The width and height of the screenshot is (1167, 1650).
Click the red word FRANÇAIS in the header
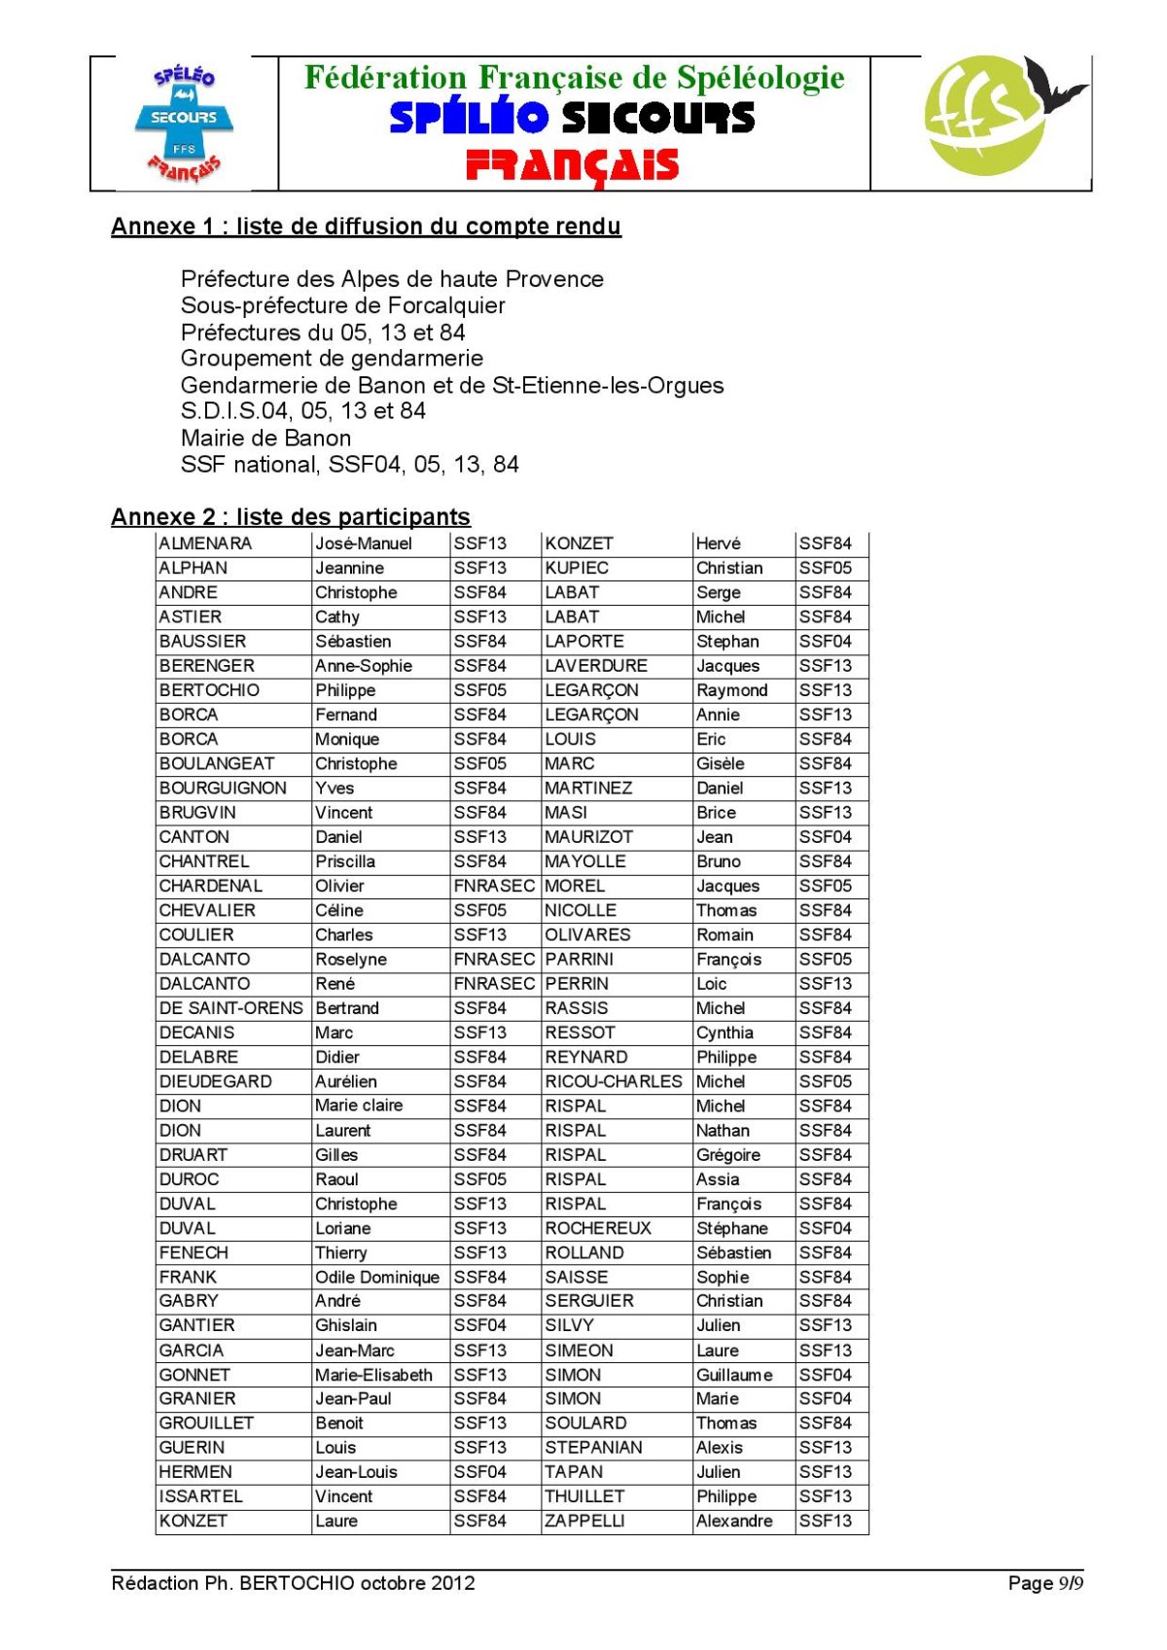pyautogui.click(x=572, y=166)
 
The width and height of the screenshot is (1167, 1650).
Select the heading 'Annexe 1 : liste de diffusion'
pyautogui.click(x=366, y=227)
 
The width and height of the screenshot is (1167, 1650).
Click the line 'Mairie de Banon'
pyautogui.click(x=265, y=438)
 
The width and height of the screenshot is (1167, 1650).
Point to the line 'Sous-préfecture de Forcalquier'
pyautogui.click(x=342, y=305)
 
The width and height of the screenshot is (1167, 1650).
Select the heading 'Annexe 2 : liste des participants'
pyautogui.click(x=291, y=516)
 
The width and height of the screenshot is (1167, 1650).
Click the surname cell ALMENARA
pyautogui.click(x=205, y=544)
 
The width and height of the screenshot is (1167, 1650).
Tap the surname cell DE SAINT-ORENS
pyautogui.click(x=231, y=1008)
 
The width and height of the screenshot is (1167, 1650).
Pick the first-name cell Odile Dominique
pyautogui.click(x=377, y=1277)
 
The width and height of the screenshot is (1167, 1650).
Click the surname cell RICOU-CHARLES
pyautogui.click(x=614, y=1081)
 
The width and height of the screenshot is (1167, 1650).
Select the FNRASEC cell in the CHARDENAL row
pyautogui.click(x=494, y=886)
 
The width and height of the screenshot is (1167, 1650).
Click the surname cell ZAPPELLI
pyautogui.click(x=584, y=1521)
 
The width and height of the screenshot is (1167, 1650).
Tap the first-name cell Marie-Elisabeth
pyautogui.click(x=373, y=1375)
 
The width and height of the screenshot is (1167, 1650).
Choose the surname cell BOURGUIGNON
pyautogui.click(x=223, y=788)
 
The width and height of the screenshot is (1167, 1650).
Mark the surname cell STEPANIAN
pyautogui.click(x=593, y=1448)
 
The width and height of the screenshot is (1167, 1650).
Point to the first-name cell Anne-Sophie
pyautogui.click(x=364, y=666)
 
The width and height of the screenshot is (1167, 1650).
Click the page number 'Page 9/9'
pyautogui.click(x=1045, y=1583)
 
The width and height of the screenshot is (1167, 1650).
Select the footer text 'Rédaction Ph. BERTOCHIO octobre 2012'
pyautogui.click(x=293, y=1583)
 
